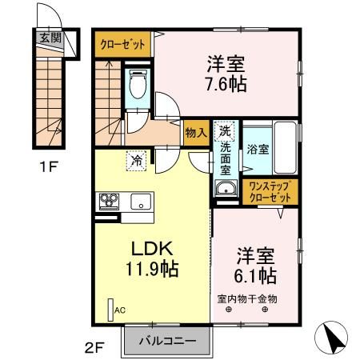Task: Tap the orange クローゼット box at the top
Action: point(122,43)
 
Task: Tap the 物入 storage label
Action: point(196,133)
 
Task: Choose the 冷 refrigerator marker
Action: point(137,161)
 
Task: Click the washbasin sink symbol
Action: point(225,189)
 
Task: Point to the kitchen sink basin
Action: point(141,201)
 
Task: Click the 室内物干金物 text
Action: point(247,299)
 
